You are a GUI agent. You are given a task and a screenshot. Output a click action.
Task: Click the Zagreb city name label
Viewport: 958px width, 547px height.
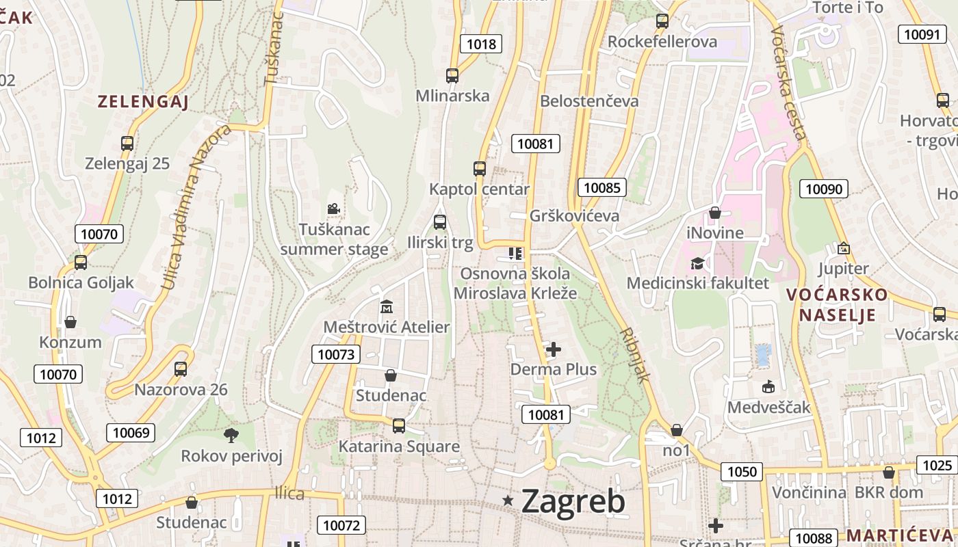pos(573,501)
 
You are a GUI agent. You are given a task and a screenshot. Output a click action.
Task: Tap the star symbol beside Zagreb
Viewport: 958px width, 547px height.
pos(508,501)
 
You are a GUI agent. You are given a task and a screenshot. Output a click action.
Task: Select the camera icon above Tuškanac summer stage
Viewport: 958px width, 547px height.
pos(333,209)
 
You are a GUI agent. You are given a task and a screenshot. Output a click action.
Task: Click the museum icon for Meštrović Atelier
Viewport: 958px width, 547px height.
pos(386,306)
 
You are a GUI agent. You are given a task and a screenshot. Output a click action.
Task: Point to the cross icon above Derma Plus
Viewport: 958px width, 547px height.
pos(554,350)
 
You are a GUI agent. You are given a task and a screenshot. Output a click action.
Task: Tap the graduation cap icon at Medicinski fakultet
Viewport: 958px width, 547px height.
pos(697,263)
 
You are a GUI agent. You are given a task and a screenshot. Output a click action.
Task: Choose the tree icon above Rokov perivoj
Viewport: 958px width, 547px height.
pos(231,435)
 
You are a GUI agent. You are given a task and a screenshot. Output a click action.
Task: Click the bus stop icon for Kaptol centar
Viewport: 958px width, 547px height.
pos(480,169)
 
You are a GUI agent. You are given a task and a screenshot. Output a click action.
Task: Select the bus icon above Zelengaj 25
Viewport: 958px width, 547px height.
pos(127,144)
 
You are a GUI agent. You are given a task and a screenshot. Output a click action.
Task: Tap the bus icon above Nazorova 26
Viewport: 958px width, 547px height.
pos(181,369)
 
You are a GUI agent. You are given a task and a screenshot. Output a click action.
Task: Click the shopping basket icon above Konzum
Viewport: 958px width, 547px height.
pos(70,322)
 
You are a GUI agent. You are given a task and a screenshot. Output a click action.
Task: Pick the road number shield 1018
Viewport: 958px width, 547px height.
pos(480,44)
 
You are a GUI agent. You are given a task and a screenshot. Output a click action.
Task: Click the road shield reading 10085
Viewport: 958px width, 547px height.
pos(601,187)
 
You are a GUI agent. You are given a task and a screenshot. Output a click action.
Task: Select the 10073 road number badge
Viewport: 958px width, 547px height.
pos(336,354)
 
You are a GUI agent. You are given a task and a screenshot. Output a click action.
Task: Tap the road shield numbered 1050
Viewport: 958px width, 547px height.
pos(742,471)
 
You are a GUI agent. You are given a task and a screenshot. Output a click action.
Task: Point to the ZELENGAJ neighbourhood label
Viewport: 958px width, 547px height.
pos(142,103)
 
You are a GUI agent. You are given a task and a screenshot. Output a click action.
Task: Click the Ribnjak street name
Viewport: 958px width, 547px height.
pos(634,353)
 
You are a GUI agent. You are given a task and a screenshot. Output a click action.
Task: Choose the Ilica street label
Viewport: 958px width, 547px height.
pos(289,493)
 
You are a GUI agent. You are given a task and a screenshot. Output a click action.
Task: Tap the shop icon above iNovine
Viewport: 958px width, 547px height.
pos(715,213)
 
